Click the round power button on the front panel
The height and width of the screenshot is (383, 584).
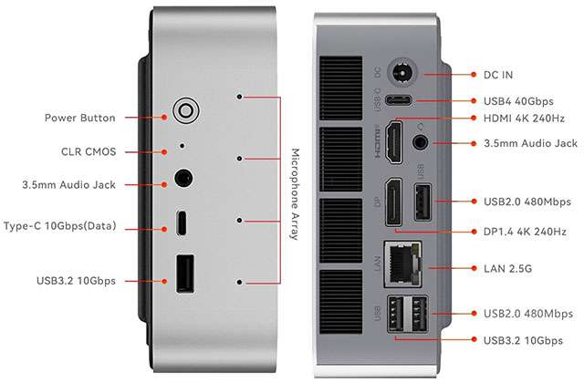coord(185,111)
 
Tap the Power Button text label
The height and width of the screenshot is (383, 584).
coord(79,118)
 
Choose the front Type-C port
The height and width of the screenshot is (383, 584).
coord(182,222)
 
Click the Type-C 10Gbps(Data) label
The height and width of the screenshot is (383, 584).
coord(60,225)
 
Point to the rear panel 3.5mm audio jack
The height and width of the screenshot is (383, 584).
coord(422,142)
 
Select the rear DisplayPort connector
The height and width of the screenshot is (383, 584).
coord(393,203)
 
